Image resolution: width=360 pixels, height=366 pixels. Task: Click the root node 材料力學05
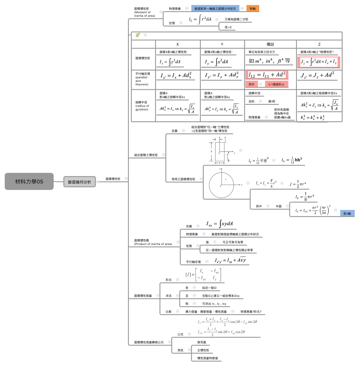(x=29, y=181)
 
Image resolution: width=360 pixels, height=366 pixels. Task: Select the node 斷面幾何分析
(x=79, y=182)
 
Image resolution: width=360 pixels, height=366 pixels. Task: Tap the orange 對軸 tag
(x=253, y=9)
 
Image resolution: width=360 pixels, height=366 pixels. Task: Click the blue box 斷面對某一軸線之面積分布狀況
(x=215, y=9)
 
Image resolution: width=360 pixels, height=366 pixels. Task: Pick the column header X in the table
(x=177, y=44)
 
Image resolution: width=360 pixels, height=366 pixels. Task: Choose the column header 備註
(x=270, y=44)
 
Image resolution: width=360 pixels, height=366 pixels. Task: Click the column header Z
(x=319, y=44)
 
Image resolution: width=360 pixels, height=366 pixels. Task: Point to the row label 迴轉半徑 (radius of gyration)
(x=142, y=106)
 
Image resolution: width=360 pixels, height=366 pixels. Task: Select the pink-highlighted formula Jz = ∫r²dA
(x=318, y=62)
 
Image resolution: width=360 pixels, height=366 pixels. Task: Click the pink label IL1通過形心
(x=276, y=85)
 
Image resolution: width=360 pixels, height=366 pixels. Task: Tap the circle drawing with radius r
(x=221, y=185)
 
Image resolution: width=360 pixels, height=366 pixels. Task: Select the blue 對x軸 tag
(x=347, y=213)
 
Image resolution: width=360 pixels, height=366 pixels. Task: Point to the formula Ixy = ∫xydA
(x=219, y=224)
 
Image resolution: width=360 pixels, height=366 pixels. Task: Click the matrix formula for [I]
(x=203, y=275)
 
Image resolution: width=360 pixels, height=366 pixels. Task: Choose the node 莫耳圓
(x=202, y=342)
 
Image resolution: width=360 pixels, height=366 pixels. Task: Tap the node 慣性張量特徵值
(x=207, y=358)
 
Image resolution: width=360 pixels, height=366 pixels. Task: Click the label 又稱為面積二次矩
(x=236, y=19)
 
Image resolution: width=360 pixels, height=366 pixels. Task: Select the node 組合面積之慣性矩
(x=146, y=155)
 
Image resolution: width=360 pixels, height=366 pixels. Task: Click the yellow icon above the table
(x=138, y=35)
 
